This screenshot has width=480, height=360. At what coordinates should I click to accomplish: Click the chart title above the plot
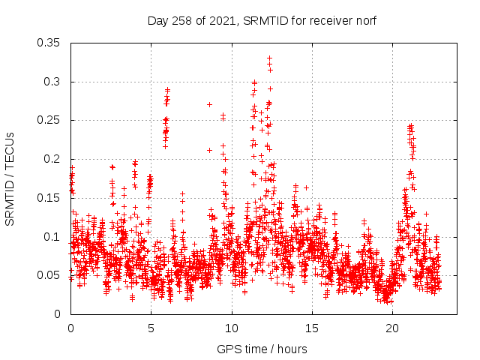point(261,20)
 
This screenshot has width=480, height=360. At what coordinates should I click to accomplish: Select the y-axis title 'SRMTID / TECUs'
point(10,178)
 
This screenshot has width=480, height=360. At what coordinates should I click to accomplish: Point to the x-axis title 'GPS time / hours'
point(261,349)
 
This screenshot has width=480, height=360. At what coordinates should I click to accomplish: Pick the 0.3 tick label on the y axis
point(54,82)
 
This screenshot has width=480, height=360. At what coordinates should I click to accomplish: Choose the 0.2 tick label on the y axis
point(54,159)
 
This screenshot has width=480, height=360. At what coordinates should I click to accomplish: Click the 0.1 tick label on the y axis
point(54,237)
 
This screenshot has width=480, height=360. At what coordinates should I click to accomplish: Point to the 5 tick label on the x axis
point(151,328)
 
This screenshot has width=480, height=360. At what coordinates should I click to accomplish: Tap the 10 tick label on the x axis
point(231,328)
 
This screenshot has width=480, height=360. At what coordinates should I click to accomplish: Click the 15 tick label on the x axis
point(311,328)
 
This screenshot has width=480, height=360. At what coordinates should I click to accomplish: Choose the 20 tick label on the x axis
point(391,328)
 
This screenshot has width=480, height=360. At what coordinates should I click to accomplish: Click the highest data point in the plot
point(269,58)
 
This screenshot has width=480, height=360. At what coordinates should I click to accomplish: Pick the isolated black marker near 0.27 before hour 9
point(209,104)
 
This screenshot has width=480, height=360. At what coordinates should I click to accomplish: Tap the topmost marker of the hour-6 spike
point(168,90)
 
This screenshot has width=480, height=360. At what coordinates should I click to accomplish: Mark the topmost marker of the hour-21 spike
point(410,125)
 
